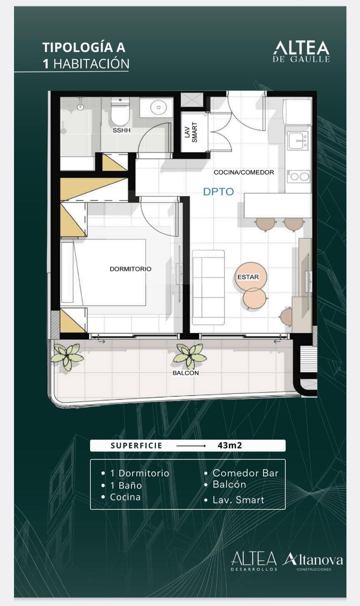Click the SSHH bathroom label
[x=122, y=130]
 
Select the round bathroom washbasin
[x=159, y=108]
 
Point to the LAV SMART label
[x=191, y=133]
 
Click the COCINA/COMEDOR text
[x=244, y=172]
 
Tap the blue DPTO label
[x=218, y=192]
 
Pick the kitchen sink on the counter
[x=298, y=141]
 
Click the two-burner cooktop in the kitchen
[x=298, y=176]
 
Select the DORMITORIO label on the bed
[x=130, y=269]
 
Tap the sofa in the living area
[x=208, y=287]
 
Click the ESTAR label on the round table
[x=248, y=277]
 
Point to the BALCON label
[x=185, y=373]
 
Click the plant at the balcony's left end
[x=67, y=357]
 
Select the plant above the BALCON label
[x=190, y=356]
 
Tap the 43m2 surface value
[x=230, y=445]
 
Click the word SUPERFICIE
[x=136, y=445]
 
